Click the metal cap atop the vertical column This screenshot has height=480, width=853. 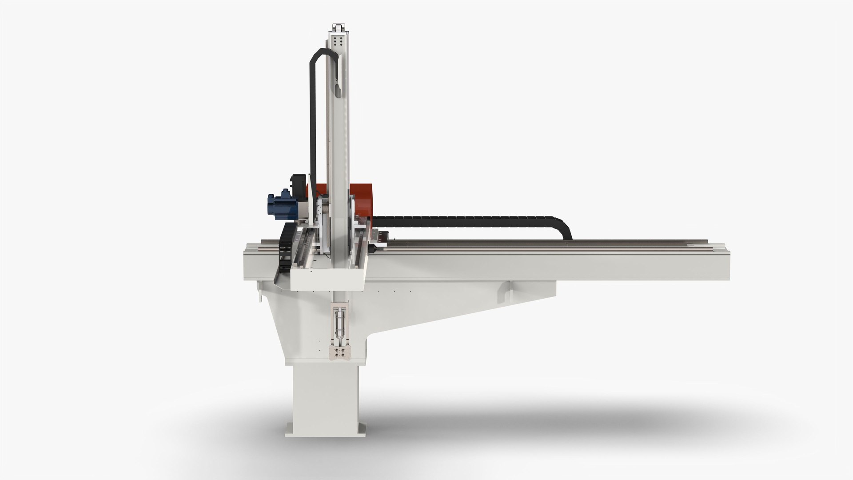[x=338, y=27]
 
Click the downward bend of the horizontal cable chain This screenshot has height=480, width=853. [x=565, y=227]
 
